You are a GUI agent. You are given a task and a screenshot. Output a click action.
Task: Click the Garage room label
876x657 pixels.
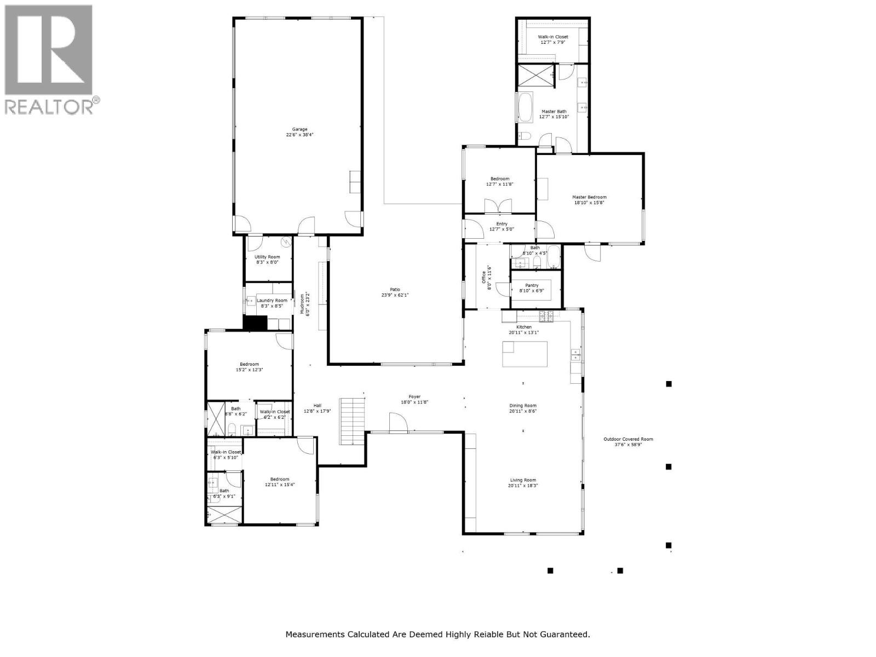click(x=299, y=130)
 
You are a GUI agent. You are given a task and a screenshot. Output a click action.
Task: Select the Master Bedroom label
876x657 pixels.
click(x=589, y=197)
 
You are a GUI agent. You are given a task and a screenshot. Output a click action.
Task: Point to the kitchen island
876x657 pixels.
click(x=525, y=354)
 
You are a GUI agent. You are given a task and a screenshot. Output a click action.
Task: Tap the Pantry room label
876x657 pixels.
click(x=531, y=285)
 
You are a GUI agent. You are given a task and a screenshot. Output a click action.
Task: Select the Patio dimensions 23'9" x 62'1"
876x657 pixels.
click(x=395, y=295)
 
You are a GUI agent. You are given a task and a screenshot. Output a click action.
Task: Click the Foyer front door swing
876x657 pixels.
click(x=399, y=423)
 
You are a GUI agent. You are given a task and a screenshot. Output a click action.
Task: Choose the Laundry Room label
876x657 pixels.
click(x=272, y=300)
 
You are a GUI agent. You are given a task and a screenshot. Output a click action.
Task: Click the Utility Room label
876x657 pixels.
click(x=267, y=257)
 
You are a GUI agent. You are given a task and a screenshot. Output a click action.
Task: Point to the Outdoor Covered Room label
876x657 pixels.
click(x=628, y=439)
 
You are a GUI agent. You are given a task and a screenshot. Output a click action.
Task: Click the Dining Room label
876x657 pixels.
click(x=523, y=406)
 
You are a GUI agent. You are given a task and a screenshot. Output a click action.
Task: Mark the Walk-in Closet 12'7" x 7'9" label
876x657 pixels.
click(x=552, y=37)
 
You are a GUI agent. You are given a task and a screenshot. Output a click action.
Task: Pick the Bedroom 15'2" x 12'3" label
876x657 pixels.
click(x=249, y=364)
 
